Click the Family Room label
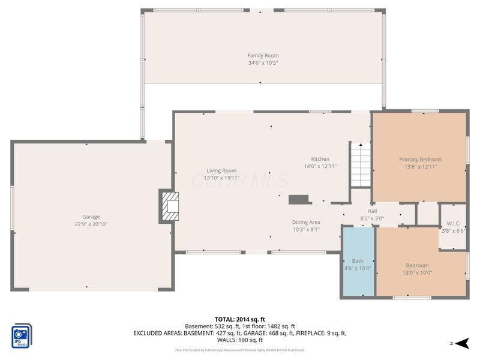tap(263, 56)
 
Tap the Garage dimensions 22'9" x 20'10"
tap(91, 224)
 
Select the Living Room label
tap(221, 170)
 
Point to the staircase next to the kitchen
tap(361, 165)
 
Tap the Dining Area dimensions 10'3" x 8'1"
tap(306, 229)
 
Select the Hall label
tap(372, 211)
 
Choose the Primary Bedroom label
tap(421, 160)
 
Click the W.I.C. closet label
tap(453, 223)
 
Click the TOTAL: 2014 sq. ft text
tap(239, 319)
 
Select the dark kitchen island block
tap(298, 199)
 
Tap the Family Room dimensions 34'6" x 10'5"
tap(263, 63)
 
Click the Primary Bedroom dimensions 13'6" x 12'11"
tap(421, 167)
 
